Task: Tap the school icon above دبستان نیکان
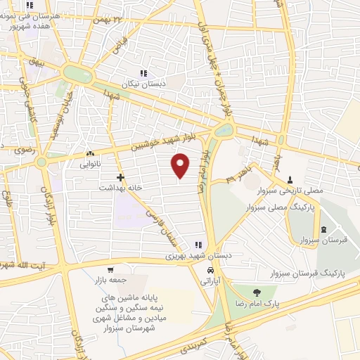click(x=144, y=73)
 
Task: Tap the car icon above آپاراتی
click(x=210, y=270)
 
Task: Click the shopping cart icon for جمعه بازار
click(x=110, y=270)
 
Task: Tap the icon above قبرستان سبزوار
click(x=323, y=230)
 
